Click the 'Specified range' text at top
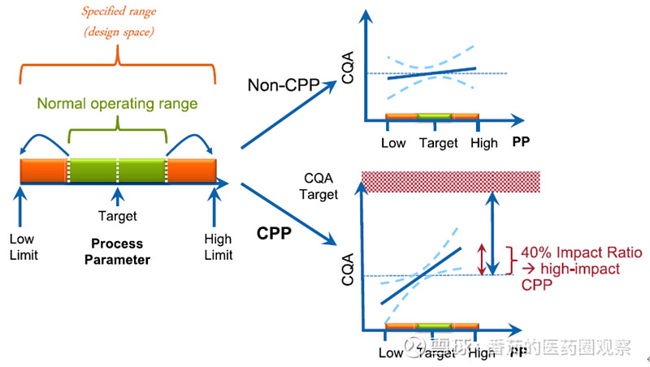point(119,12)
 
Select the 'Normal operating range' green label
point(119,104)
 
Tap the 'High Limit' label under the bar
point(218,247)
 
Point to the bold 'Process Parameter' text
point(117,252)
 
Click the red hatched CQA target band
point(450,181)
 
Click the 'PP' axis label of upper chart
point(522,143)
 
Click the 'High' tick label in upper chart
point(484,143)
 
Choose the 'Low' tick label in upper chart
point(393,143)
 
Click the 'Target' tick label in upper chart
point(439,143)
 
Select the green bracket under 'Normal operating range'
point(119,130)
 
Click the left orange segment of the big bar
point(44,171)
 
